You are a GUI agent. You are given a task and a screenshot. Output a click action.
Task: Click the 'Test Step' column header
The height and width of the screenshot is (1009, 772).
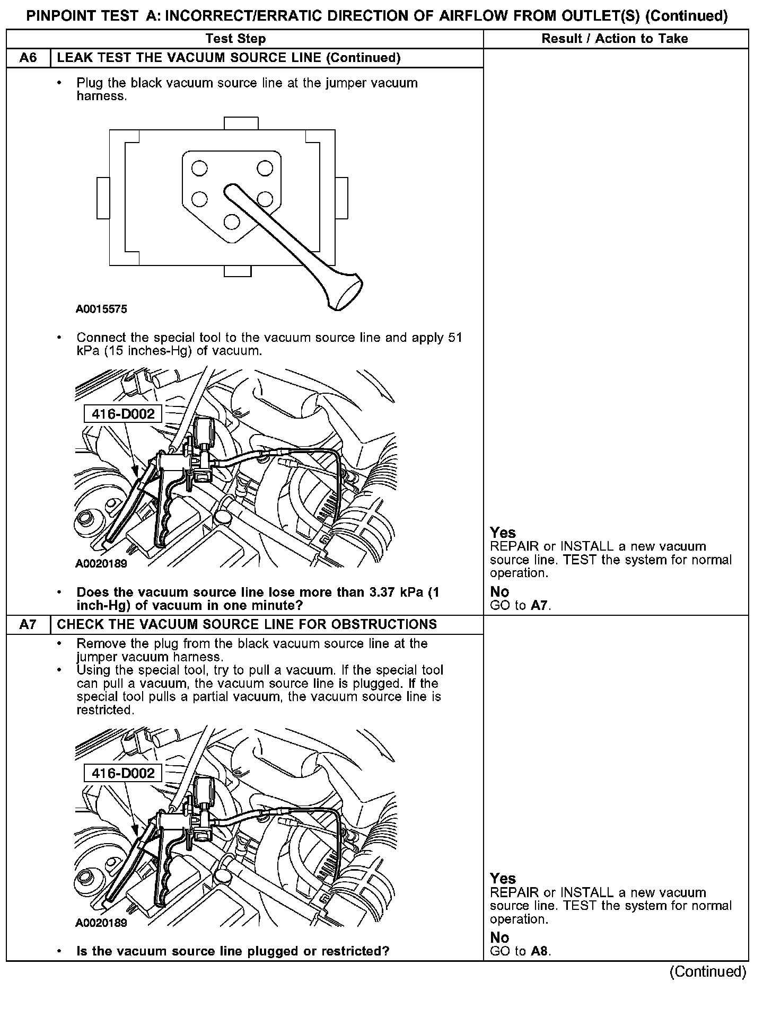(x=235, y=39)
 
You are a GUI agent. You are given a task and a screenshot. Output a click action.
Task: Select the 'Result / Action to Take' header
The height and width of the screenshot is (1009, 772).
(x=615, y=39)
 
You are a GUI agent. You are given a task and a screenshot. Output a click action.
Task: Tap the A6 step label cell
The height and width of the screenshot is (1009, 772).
(x=28, y=58)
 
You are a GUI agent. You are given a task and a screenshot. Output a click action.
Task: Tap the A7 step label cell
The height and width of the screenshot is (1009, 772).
(x=28, y=624)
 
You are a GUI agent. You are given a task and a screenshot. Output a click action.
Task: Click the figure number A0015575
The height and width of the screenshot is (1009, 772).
(x=101, y=309)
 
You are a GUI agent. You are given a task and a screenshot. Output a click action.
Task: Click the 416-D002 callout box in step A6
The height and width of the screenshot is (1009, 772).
(x=123, y=414)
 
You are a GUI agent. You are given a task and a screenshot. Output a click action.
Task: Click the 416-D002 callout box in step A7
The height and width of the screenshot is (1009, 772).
(x=123, y=773)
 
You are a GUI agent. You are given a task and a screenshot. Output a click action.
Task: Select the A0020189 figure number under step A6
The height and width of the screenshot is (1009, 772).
(x=101, y=564)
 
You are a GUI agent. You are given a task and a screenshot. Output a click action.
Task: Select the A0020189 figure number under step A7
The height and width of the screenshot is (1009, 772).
(x=101, y=923)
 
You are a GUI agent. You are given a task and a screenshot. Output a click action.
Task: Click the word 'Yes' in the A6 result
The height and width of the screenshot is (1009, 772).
(x=503, y=533)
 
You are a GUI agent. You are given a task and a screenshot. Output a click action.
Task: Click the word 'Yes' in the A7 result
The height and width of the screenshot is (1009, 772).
(x=503, y=879)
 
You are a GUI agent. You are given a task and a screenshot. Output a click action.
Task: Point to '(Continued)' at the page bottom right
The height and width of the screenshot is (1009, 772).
(x=708, y=972)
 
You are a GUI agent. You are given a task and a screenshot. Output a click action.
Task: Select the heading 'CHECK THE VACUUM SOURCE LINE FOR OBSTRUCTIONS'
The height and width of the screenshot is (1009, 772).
(x=247, y=624)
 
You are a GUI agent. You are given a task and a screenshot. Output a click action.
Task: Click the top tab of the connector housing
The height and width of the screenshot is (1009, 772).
(x=241, y=123)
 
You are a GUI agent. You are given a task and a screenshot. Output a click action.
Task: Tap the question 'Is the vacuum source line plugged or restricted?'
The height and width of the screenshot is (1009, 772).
(x=233, y=951)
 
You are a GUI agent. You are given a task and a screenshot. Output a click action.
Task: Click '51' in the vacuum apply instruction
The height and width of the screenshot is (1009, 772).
(x=455, y=338)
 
